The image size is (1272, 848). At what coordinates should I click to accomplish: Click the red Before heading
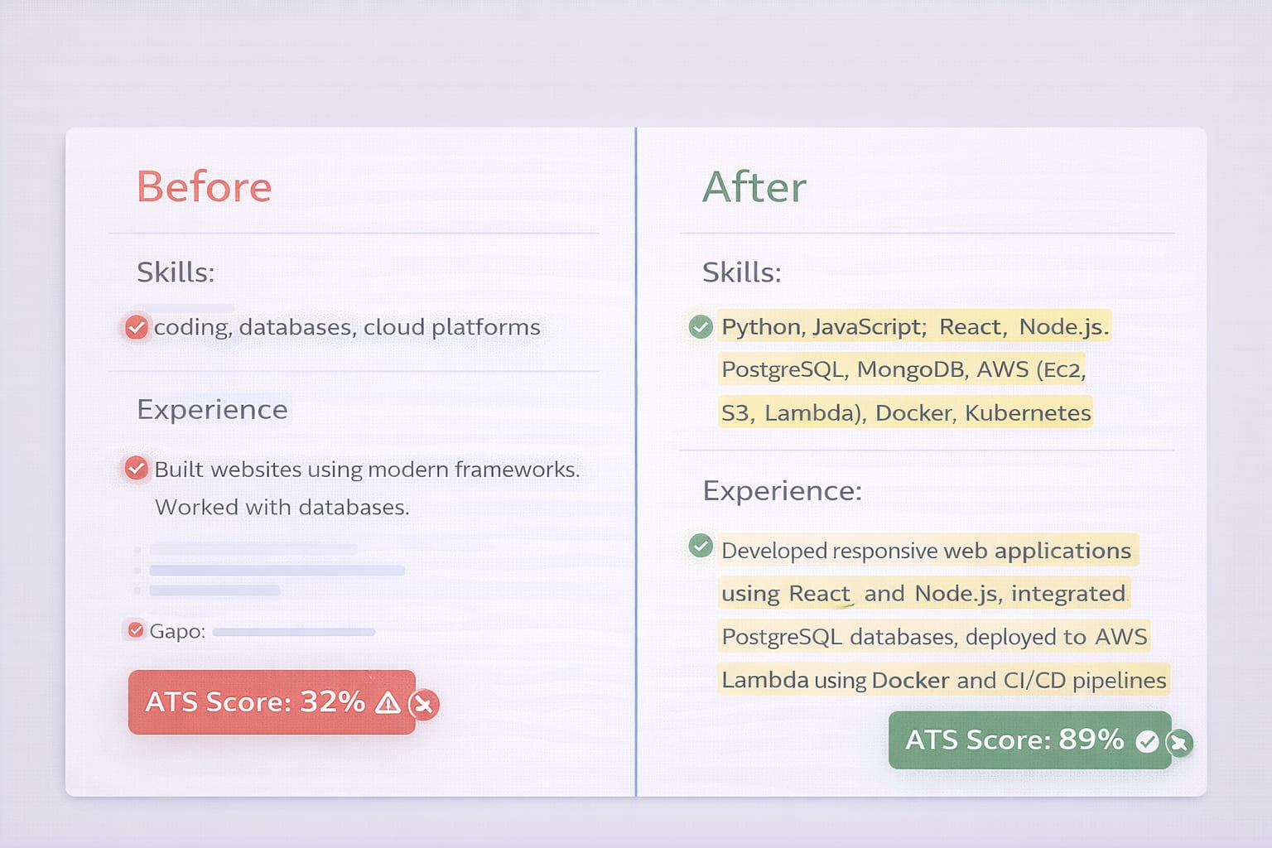[204, 187]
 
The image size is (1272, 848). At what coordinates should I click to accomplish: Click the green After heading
[754, 187]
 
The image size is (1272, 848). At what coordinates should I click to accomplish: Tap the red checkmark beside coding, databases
[136, 328]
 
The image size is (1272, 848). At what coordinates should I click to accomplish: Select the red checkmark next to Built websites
[136, 469]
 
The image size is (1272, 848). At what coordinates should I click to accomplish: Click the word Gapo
[176, 632]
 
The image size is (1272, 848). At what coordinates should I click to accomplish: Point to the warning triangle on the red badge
[388, 703]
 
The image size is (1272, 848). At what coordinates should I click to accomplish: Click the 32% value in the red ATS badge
[332, 702]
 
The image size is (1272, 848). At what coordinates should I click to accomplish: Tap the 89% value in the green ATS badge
[1091, 740]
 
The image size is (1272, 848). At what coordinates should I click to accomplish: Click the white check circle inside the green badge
[1147, 741]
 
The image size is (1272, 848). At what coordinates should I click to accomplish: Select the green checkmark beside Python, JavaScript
[701, 327]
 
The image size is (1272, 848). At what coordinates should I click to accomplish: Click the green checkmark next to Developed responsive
[701, 547]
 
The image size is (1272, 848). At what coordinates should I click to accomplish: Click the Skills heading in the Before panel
[176, 272]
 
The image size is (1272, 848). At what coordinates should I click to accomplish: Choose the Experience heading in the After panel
[782, 491]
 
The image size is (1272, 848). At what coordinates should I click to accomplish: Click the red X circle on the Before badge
[424, 705]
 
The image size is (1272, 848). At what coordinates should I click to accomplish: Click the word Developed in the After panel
[774, 551]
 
